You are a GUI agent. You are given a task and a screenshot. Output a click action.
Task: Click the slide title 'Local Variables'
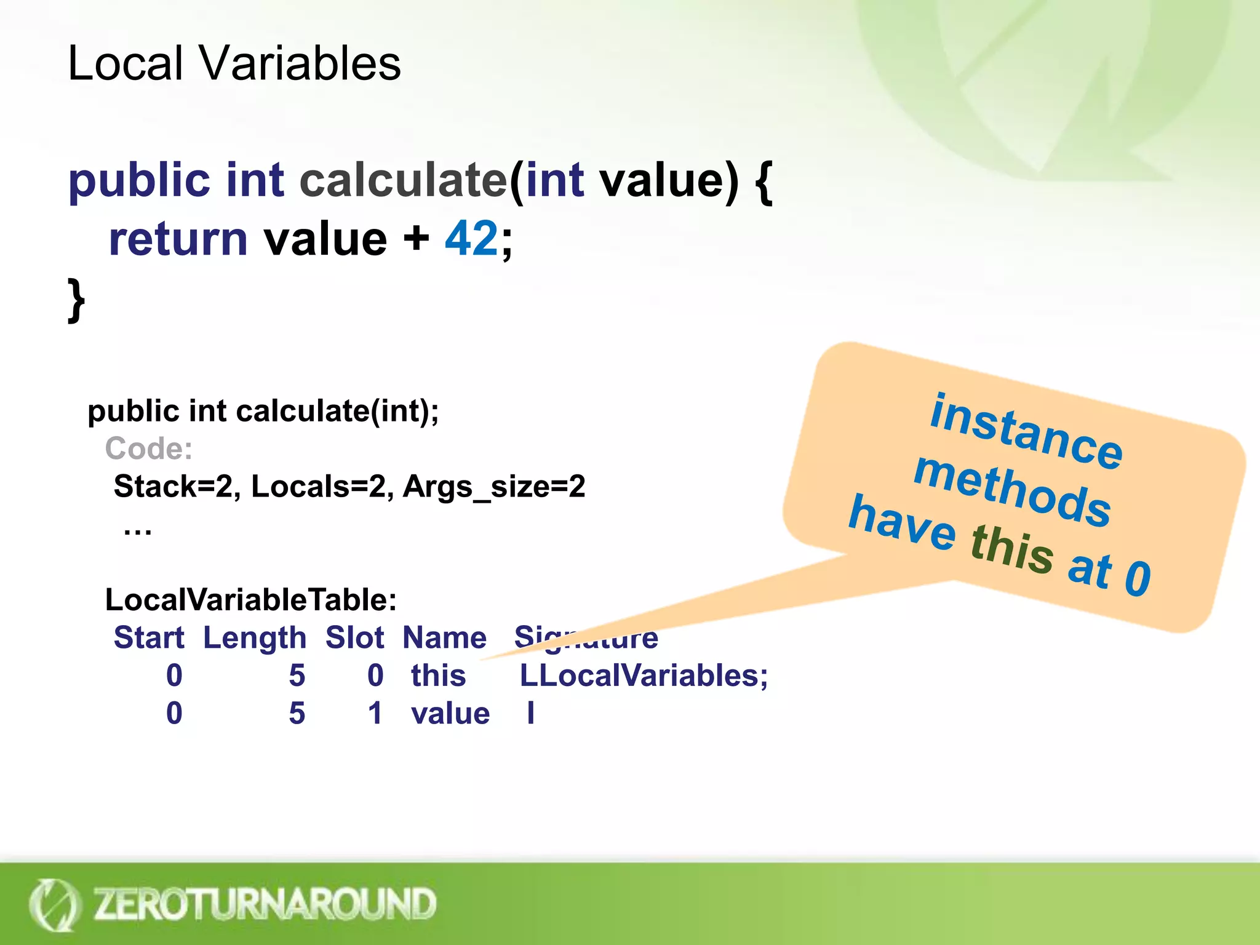click(x=234, y=63)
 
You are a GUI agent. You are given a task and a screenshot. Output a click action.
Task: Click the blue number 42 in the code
click(x=471, y=239)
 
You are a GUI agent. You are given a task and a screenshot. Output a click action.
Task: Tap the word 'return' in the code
click(x=178, y=239)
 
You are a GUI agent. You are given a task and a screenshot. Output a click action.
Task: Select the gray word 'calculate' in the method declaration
click(x=403, y=180)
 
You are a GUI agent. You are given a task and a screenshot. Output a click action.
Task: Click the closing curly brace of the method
click(x=76, y=300)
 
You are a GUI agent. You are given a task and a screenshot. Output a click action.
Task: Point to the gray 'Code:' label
click(x=149, y=449)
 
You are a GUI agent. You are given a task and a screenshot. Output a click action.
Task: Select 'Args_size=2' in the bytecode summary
click(x=494, y=487)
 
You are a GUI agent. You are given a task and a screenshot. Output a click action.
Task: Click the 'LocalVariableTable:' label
click(x=251, y=600)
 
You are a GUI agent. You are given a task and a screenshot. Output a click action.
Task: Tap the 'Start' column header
click(x=149, y=638)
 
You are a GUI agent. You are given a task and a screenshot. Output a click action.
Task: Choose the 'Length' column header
click(x=255, y=638)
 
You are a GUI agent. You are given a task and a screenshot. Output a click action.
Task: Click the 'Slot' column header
click(x=354, y=638)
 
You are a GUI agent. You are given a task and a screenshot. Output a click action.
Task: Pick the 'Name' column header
click(x=444, y=638)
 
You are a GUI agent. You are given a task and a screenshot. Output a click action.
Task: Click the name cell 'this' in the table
click(x=438, y=676)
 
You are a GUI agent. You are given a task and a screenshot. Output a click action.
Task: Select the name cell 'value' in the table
click(x=450, y=714)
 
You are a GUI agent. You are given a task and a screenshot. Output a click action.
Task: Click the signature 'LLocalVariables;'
click(x=644, y=676)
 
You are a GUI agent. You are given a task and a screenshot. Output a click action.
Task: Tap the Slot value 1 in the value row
click(x=375, y=714)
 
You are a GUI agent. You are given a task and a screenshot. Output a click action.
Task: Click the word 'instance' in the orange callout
click(x=1026, y=431)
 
